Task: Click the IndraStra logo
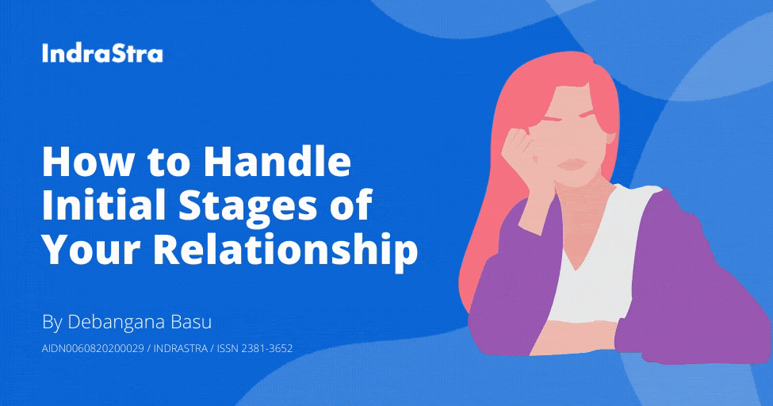pos(102,54)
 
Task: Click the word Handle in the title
pos(276,163)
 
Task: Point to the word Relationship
pos(285,249)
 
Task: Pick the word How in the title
pos(83,163)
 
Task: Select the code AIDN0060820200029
pos(92,348)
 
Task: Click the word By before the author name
pos(52,323)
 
